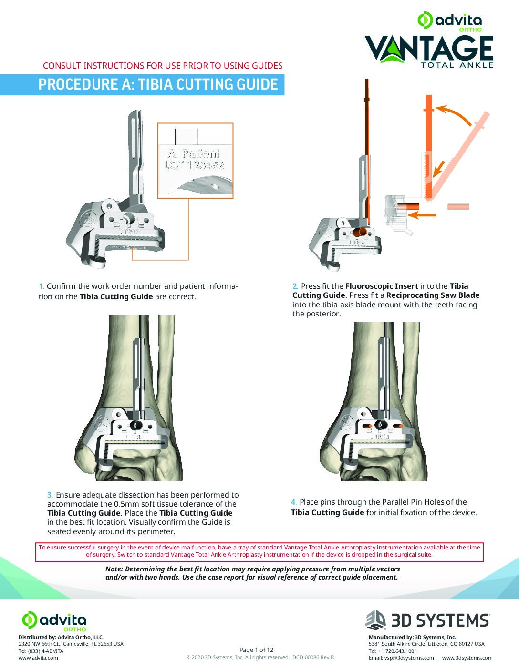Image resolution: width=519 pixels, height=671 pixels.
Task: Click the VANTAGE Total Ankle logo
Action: click(x=429, y=50)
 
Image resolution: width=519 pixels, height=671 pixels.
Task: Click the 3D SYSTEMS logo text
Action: click(x=440, y=620)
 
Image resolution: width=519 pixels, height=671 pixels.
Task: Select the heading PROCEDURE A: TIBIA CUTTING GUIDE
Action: click(x=158, y=85)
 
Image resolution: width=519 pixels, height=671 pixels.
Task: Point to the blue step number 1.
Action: click(x=42, y=286)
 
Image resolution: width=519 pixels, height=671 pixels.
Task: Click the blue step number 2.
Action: click(x=295, y=286)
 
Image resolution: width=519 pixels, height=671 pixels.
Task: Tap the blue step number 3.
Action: click(x=50, y=495)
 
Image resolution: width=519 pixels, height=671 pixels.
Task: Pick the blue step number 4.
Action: click(x=294, y=502)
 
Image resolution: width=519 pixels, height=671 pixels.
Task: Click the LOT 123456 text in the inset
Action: click(x=194, y=165)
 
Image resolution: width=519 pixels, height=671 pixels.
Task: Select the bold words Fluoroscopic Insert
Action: click(x=382, y=286)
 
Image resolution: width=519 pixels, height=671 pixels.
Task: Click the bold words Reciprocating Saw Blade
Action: click(x=433, y=295)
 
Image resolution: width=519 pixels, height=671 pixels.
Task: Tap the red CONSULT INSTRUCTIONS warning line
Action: click(x=163, y=66)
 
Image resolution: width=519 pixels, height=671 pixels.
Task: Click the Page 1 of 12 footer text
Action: click(x=257, y=650)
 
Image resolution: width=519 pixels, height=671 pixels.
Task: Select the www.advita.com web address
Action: click(x=38, y=658)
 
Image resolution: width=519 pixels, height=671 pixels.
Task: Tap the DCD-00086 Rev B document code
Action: click(x=313, y=657)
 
